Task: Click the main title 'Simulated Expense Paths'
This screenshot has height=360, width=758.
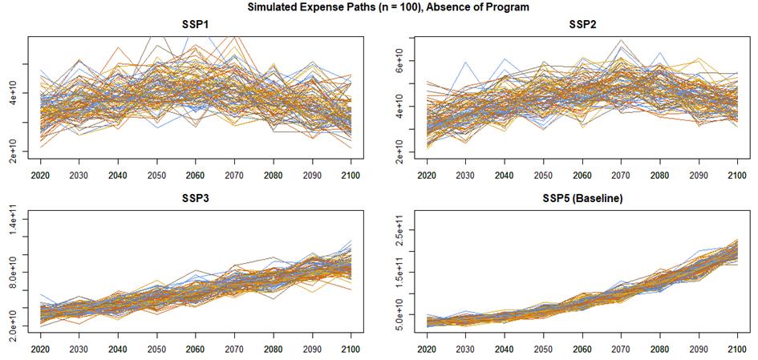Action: tap(379, 7)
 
